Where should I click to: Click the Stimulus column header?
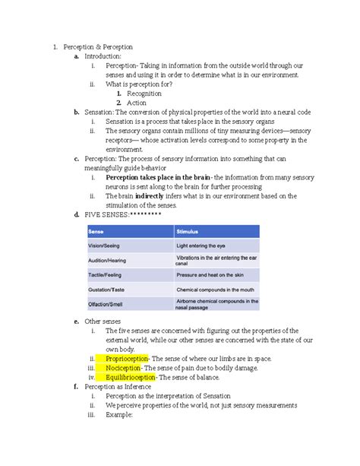coord(188,230)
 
